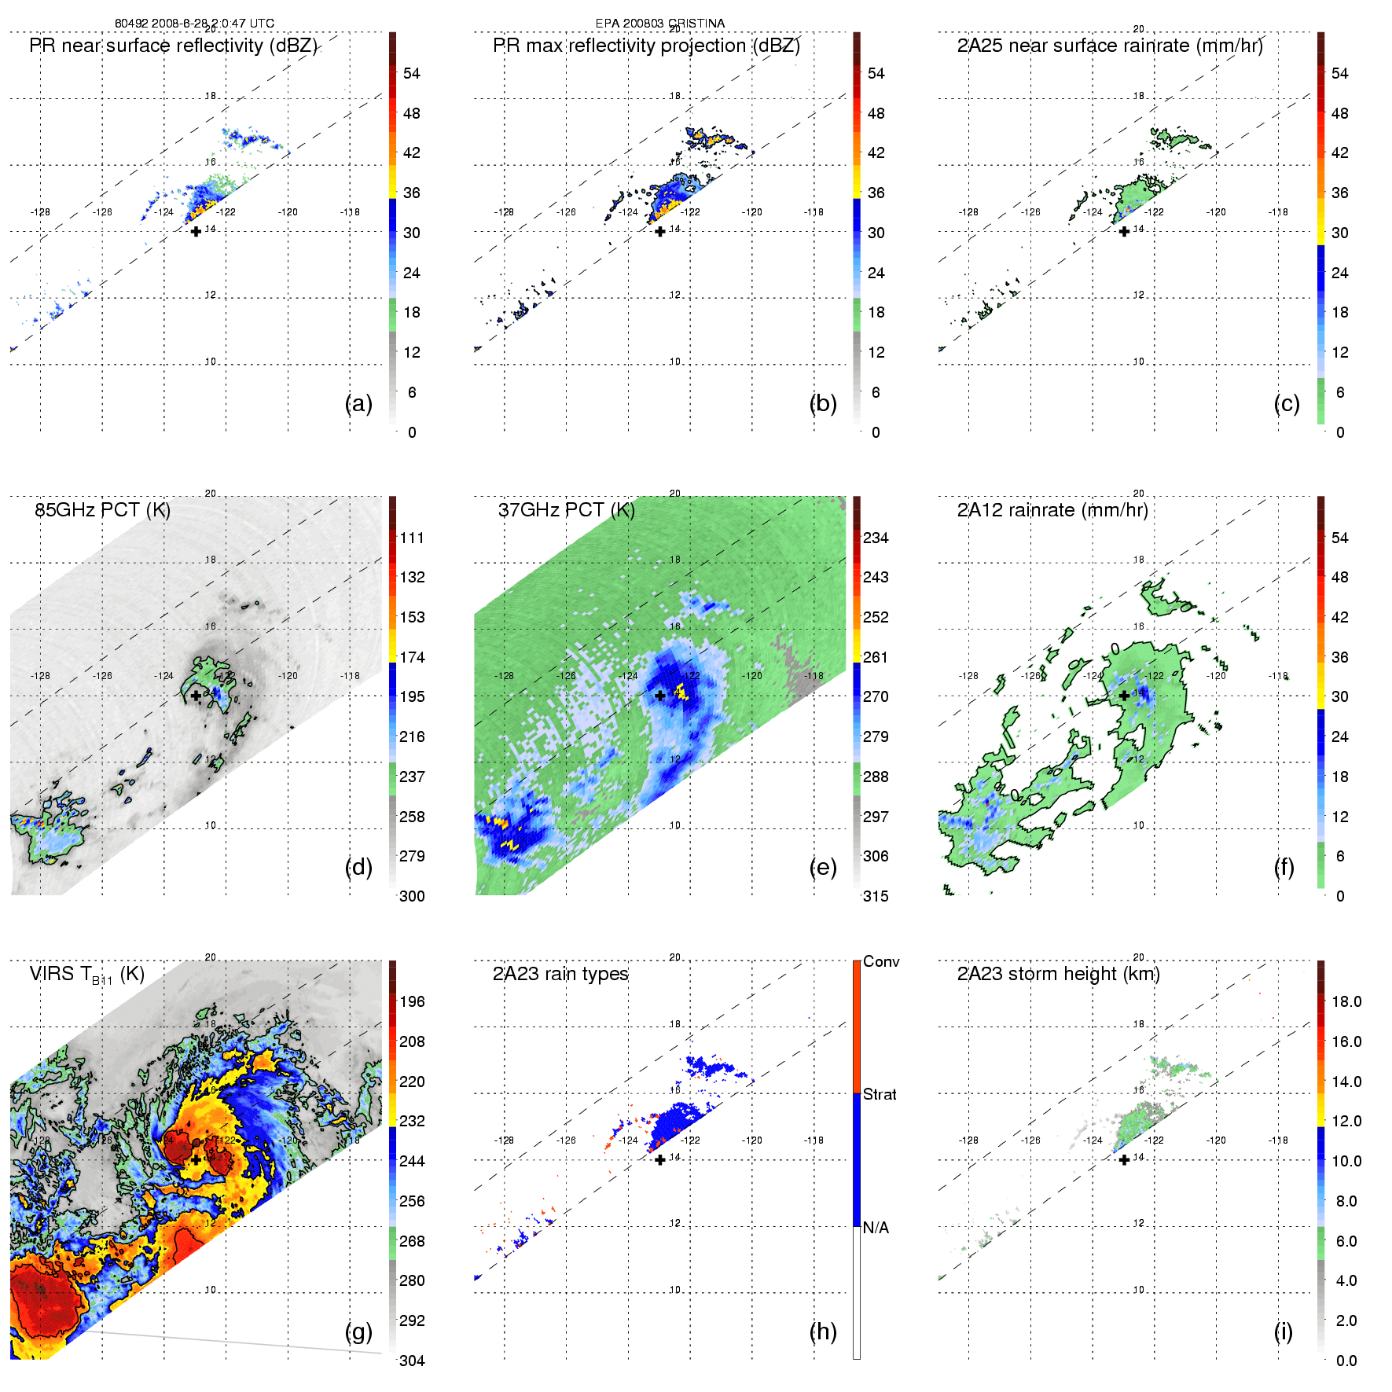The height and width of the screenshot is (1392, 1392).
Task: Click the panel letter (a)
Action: [358, 404]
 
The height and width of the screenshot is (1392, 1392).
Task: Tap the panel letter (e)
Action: [822, 868]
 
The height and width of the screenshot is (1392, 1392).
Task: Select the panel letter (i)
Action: [1283, 1331]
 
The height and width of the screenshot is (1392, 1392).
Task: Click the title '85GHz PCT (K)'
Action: [103, 510]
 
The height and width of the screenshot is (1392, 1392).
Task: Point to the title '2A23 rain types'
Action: [560, 974]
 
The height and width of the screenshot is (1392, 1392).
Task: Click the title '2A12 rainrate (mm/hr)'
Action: [1052, 510]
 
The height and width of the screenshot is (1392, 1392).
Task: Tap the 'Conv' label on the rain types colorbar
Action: [881, 961]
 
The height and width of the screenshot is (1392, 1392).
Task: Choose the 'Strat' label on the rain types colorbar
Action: [880, 1094]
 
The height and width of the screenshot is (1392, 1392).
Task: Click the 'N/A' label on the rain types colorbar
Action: [876, 1228]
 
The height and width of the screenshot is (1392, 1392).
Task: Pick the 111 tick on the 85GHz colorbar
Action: [412, 538]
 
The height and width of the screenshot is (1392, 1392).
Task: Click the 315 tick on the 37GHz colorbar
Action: [876, 896]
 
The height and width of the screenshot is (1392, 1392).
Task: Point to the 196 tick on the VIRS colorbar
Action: [412, 1001]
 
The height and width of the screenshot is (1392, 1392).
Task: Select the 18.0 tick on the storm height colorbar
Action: [1346, 1001]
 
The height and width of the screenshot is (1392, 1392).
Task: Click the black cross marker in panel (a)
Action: [196, 231]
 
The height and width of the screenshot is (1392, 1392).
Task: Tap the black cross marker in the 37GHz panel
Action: [660, 696]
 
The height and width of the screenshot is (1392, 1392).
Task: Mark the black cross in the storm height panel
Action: [1124, 1159]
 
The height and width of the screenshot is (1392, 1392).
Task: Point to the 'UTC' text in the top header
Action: [262, 24]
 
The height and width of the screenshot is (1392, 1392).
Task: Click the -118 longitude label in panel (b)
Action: [814, 212]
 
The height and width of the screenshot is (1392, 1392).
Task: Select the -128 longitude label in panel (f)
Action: [968, 676]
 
